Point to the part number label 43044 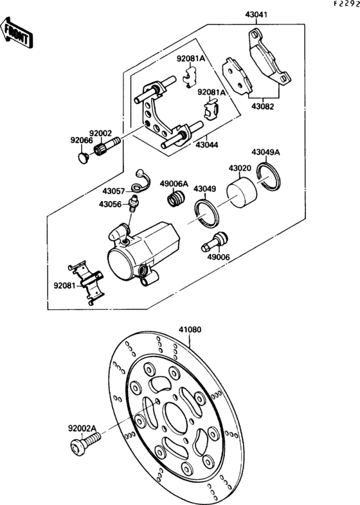207,146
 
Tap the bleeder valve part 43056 132,205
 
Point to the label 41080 190,329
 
